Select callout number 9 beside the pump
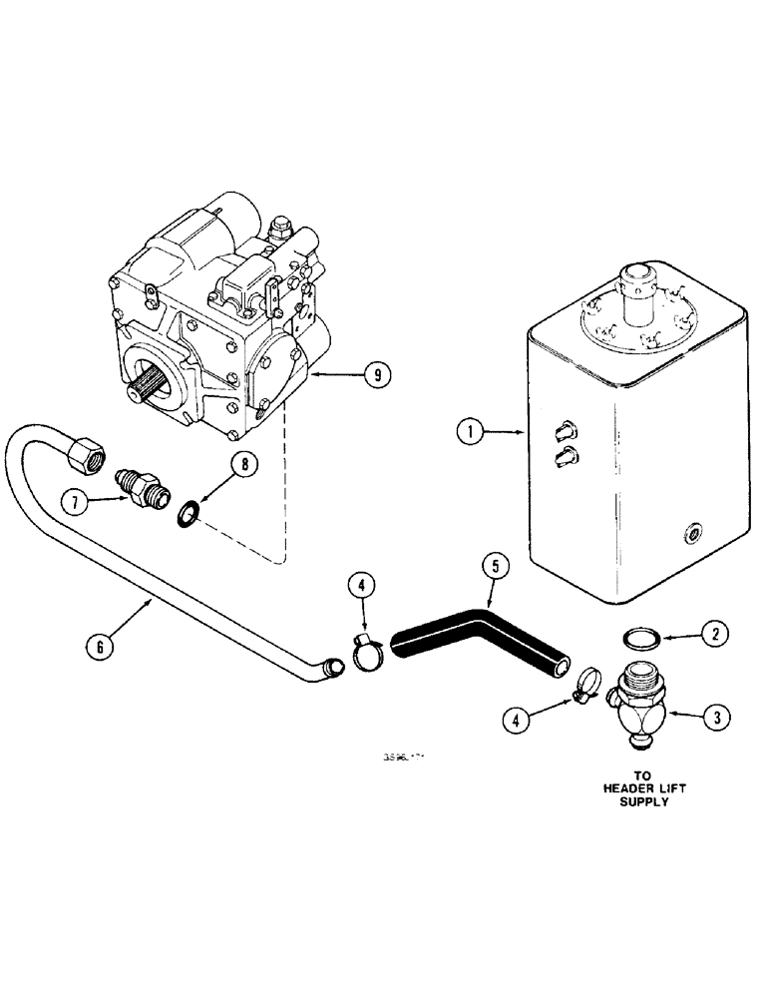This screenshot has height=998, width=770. coord(376,375)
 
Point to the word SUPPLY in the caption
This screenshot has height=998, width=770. coord(638,801)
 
